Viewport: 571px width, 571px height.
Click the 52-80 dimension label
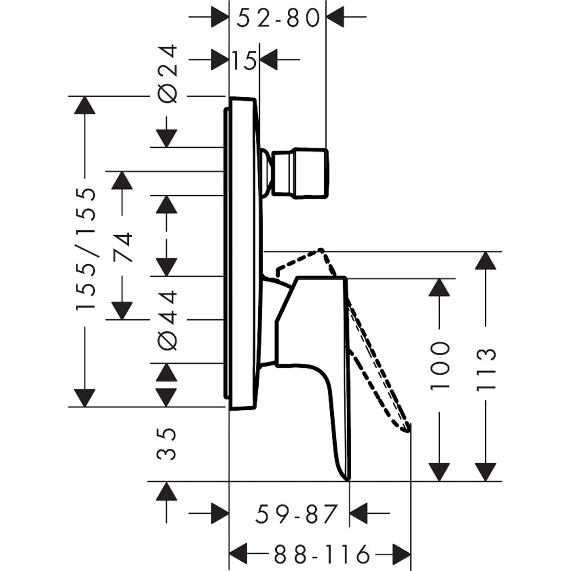(x=278, y=18)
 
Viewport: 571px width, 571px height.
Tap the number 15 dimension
(x=244, y=60)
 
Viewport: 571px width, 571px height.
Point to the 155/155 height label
(x=86, y=249)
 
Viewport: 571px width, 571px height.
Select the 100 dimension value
(x=440, y=365)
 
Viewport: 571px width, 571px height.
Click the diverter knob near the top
(x=300, y=174)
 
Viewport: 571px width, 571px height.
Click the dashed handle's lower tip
(x=407, y=429)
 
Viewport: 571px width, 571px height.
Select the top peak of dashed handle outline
(x=321, y=250)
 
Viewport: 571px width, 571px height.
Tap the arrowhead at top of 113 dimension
(x=485, y=261)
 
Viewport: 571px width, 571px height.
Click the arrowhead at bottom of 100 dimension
(x=440, y=472)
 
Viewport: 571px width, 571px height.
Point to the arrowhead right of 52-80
(x=335, y=18)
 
